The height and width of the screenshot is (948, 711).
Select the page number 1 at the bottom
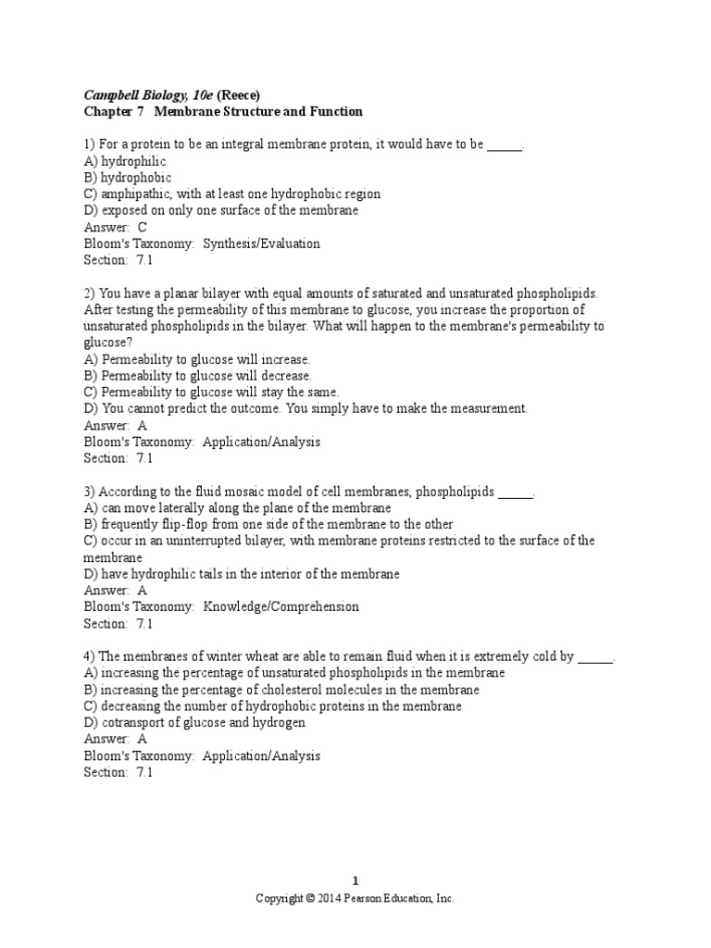(355, 881)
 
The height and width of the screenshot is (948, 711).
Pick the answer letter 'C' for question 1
(143, 227)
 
